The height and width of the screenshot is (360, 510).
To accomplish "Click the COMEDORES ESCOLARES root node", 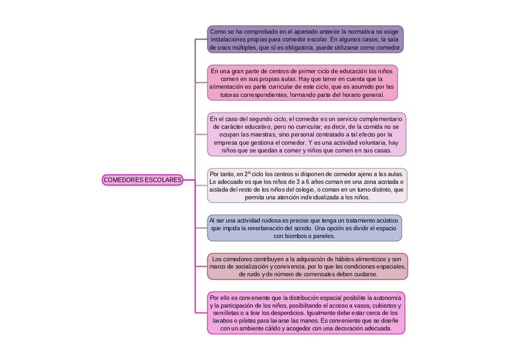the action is pos(142,180).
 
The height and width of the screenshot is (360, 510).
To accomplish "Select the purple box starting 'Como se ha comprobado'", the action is pos(306,39).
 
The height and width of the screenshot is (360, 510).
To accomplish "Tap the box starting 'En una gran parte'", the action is pos(303,83).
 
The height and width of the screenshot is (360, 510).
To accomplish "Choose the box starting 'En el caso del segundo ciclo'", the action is pos(306,135).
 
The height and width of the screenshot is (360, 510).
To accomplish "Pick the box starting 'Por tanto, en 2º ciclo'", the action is pos(307,185).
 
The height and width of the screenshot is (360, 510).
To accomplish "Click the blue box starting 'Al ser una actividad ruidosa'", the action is pos(304,228).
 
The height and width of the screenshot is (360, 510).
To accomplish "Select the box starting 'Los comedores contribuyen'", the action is pos(307,266).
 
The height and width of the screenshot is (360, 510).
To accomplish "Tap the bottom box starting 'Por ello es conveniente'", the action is pos(306,313).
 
